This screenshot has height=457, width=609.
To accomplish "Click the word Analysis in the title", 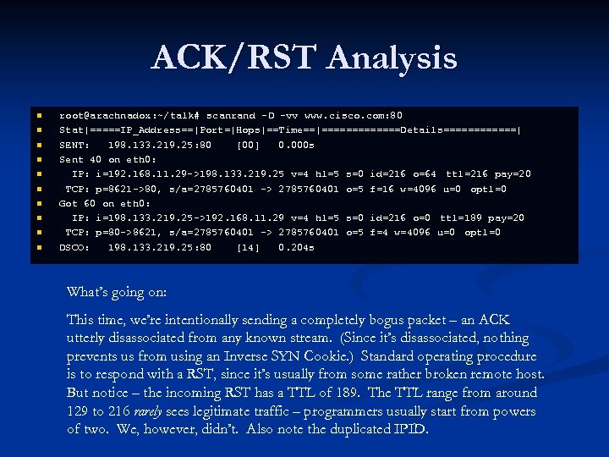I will (x=392, y=58).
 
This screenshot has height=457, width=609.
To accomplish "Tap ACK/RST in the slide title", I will (x=234, y=58).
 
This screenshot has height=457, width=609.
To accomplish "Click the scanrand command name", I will (x=231, y=115).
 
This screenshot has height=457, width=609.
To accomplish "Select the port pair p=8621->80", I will (x=125, y=188).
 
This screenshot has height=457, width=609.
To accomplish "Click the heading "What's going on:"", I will (x=117, y=293).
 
